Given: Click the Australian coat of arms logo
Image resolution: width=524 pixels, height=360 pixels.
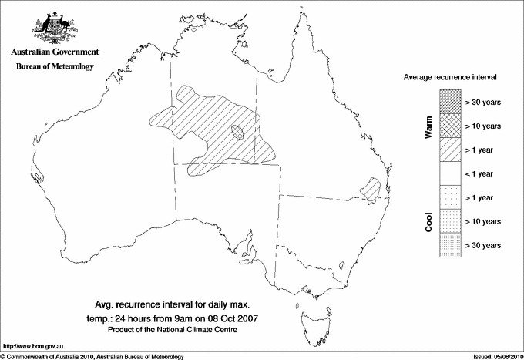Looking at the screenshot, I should pos(54,28).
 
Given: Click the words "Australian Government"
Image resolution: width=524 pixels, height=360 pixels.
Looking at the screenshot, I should pos(54,52).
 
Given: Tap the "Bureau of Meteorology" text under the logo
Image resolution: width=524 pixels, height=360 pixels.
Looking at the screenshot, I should pos(55,67).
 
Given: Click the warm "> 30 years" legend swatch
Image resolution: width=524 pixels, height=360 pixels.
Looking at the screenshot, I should pos(449,102).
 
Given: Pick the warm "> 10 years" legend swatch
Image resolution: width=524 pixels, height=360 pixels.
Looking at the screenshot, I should pos(449,126).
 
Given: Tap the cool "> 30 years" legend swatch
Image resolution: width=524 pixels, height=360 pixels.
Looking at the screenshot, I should pos(449,245).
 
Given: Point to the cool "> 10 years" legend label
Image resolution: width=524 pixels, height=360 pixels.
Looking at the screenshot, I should pos(484,222).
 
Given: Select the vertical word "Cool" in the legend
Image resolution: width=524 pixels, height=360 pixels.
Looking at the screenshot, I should pos(429,221).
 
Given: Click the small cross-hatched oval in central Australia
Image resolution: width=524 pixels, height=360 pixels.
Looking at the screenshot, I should pos(239,133).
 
